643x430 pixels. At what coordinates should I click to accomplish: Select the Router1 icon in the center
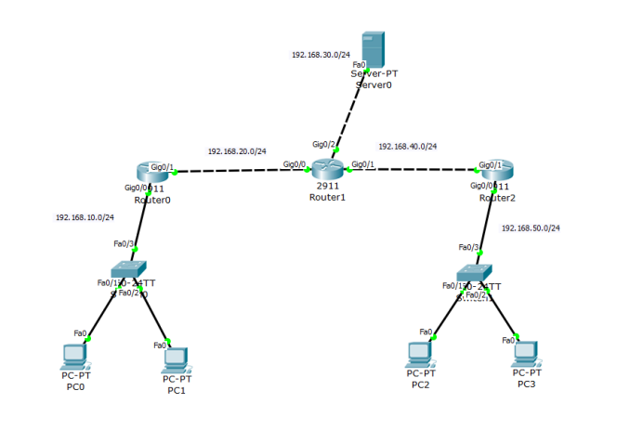327,168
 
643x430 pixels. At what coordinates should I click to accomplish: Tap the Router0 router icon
151,172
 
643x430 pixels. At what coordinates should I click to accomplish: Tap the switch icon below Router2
473,270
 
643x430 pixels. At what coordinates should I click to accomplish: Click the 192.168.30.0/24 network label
321,55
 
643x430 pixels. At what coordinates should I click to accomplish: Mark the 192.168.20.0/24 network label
237,150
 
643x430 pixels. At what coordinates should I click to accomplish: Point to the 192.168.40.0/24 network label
407,146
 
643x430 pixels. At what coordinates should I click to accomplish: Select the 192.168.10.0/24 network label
85,217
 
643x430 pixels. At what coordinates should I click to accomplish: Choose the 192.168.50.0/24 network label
531,228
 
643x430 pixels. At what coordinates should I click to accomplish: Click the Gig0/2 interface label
322,144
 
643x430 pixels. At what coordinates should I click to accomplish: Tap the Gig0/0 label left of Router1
294,164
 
